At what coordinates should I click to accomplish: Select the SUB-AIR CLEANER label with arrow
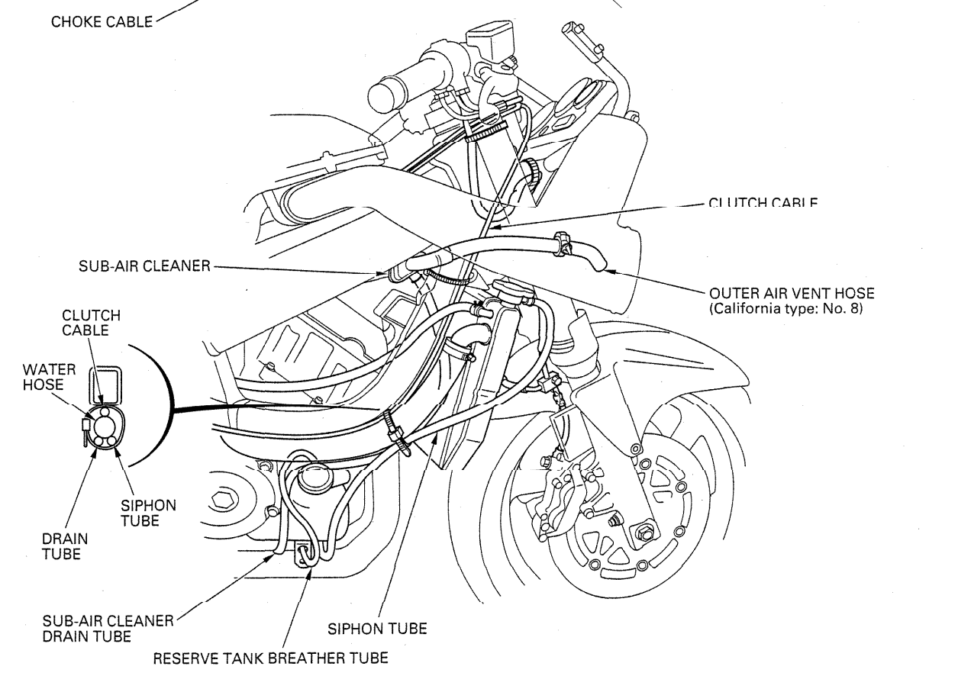[x=145, y=267]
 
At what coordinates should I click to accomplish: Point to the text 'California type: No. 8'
[x=785, y=308]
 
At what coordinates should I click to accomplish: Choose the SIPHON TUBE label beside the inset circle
[x=149, y=513]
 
